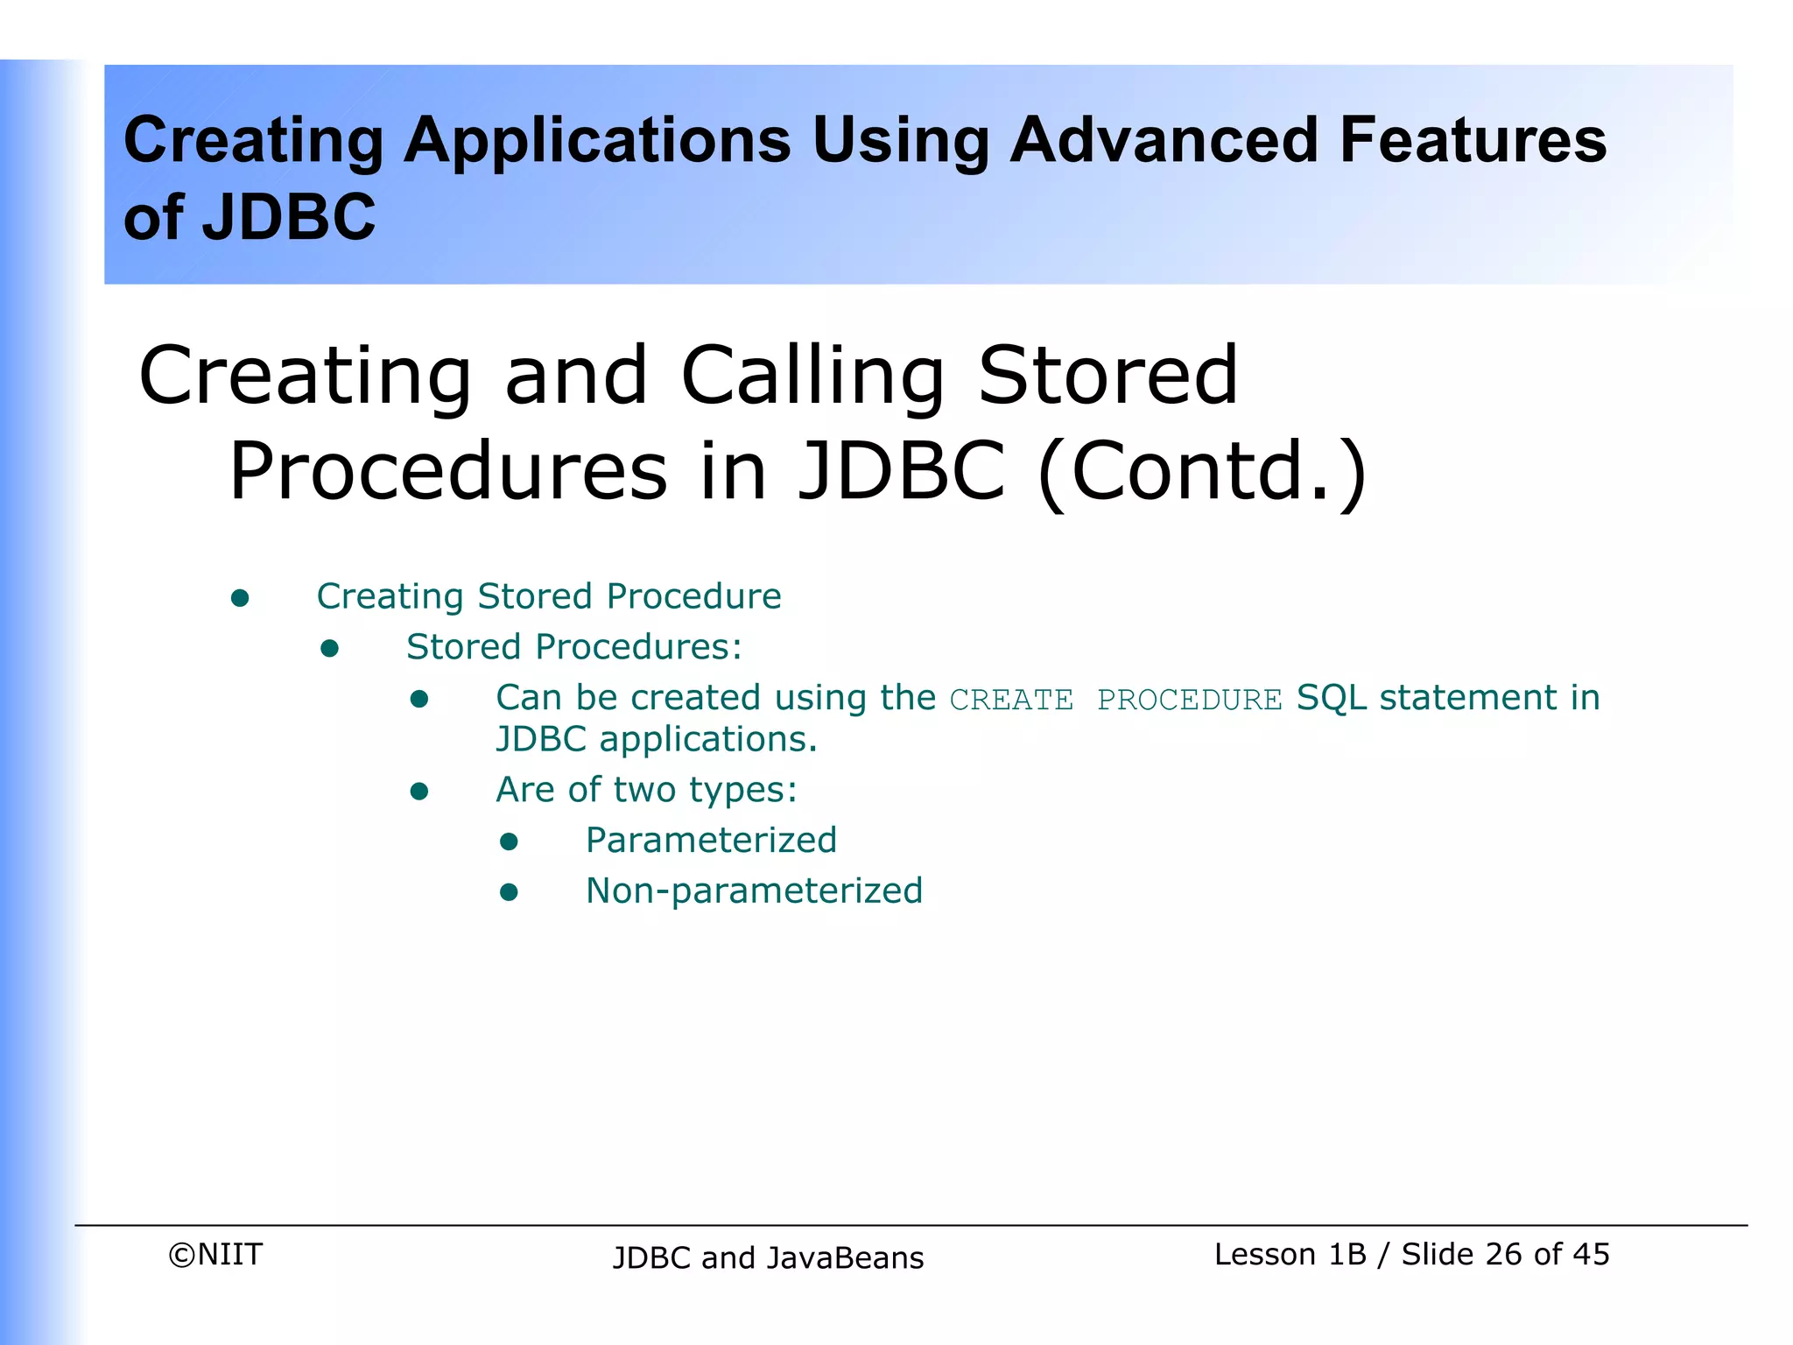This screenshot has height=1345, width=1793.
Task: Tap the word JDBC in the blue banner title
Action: (x=289, y=217)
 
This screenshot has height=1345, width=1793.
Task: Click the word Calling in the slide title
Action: (x=812, y=377)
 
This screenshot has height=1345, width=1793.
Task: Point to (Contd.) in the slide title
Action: (x=1201, y=473)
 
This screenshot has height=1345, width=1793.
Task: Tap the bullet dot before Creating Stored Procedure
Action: (x=240, y=599)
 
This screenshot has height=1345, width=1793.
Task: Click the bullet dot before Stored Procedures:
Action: (x=329, y=649)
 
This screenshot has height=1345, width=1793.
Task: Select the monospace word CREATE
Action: (x=1011, y=701)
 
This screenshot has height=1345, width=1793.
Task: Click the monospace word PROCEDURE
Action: (x=1189, y=701)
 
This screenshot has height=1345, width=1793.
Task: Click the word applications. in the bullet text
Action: (x=707, y=740)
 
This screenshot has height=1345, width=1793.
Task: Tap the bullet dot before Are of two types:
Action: (x=419, y=792)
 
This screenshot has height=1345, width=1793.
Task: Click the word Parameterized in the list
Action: (x=711, y=841)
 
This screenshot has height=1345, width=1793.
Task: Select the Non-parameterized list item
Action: (x=754, y=891)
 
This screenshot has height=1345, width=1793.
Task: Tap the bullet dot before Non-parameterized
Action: (x=509, y=892)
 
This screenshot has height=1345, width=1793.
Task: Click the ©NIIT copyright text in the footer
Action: (x=215, y=1255)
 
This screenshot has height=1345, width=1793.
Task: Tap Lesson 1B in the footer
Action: (x=1290, y=1255)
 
